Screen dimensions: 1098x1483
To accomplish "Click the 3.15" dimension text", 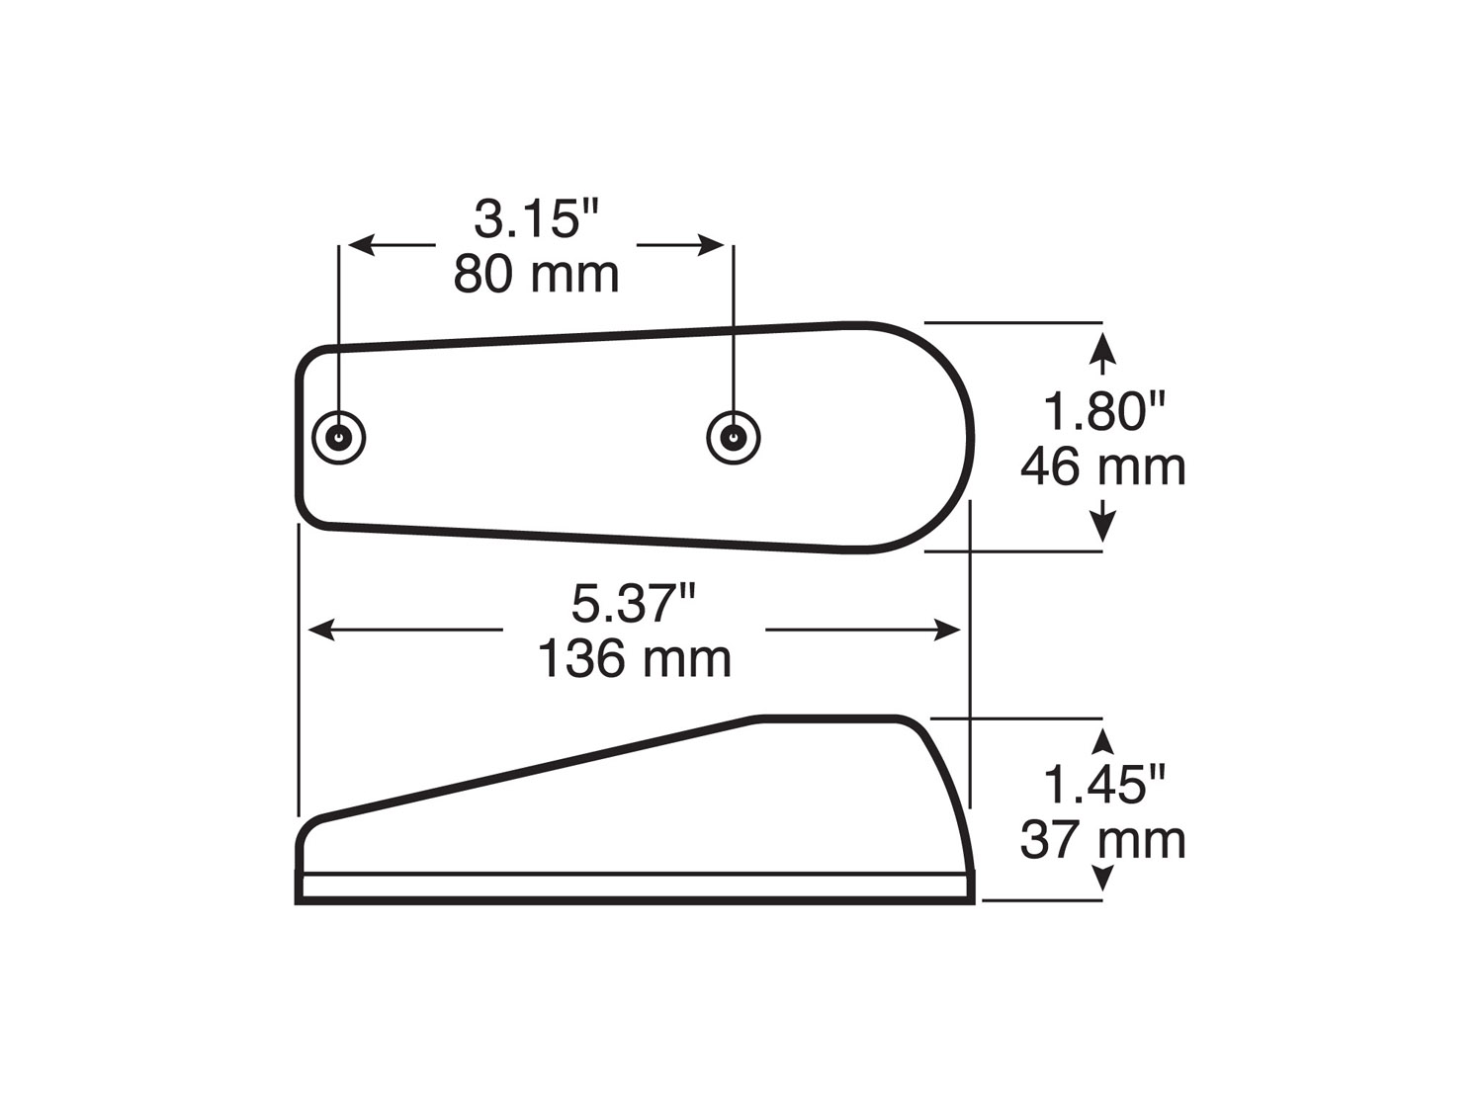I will pos(537,219).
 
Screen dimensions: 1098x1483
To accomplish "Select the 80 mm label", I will pos(536,275).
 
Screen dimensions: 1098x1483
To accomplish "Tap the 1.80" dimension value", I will pos(1103,411).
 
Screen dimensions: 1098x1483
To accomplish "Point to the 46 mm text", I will pos(1102,466).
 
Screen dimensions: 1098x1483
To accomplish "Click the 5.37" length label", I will pos(634,603).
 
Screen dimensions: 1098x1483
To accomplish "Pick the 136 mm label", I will pos(634,658).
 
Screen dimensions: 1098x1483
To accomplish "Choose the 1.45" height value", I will pos(1103,785).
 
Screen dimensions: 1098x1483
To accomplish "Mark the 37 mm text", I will pos(1102,840).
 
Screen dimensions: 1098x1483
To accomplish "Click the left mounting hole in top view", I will pos(339,437).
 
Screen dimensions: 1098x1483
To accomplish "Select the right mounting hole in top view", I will pos(734,437).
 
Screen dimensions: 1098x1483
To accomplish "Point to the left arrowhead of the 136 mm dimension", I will pos(320,630).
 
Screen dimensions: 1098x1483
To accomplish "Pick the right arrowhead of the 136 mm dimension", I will pos(948,630).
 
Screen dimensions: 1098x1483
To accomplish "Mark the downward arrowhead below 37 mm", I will pos(1103,879).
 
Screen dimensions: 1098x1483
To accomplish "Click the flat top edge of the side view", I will pos(830,718).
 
